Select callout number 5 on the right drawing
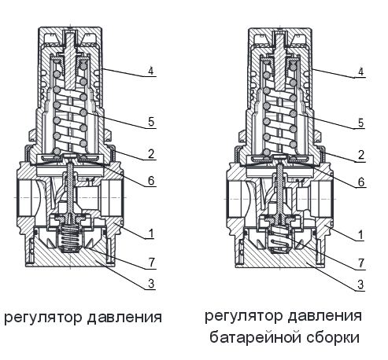[360, 123]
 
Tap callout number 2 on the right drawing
[360, 155]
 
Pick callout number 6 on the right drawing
[360, 181]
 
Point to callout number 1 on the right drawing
[360, 234]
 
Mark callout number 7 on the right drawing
[360, 259]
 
